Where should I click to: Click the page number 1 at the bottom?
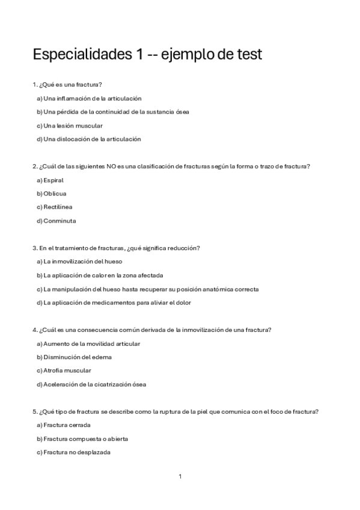pyautogui.click(x=180, y=476)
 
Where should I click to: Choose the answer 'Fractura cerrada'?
pyautogui.click(x=65, y=425)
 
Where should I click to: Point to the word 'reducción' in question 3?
pyautogui.click(x=186, y=248)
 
